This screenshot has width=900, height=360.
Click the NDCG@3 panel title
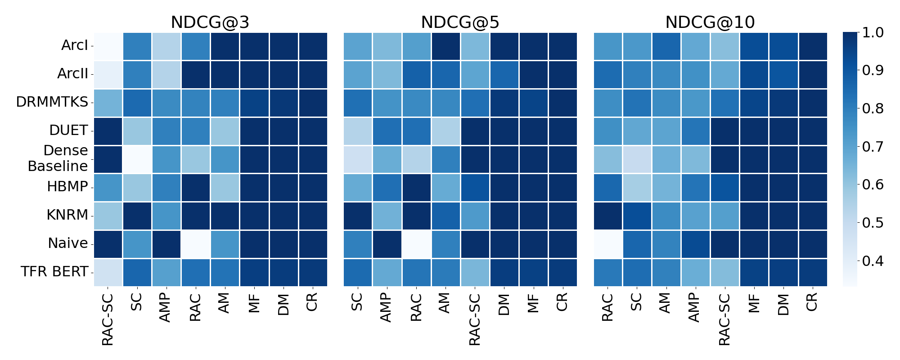coord(210,22)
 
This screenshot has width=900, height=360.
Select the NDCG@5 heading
coord(460,22)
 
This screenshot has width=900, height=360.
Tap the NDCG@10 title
coord(710,22)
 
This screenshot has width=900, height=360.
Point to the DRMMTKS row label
coord(52,102)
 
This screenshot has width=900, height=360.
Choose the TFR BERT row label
coord(54,271)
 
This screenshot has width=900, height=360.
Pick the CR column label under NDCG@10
coord(812,302)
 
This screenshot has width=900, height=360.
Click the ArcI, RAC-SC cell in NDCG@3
coord(108,46)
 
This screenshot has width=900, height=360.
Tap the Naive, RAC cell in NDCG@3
coord(195,243)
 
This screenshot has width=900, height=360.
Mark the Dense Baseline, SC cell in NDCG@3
coord(137,159)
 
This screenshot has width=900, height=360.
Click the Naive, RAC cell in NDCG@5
coord(416,243)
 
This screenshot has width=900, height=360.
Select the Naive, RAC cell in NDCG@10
coord(608,243)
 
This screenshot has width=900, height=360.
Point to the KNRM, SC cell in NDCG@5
coord(358,215)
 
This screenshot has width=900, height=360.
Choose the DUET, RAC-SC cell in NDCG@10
coord(724,130)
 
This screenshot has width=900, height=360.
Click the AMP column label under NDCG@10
coord(695,307)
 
